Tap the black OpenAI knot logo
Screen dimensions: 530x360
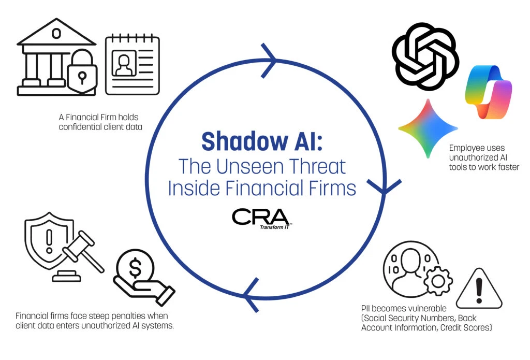click(x=425, y=56)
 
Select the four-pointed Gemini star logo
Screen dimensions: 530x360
click(x=428, y=128)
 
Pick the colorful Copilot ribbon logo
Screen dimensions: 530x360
click(x=489, y=92)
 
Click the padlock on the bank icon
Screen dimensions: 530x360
click(x=81, y=72)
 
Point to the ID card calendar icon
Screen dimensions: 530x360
click(x=132, y=64)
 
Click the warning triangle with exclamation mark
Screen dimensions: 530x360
click(x=479, y=289)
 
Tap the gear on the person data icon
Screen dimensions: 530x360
click(x=438, y=281)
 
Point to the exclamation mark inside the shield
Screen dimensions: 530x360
click(x=50, y=240)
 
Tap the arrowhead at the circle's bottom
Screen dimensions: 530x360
click(x=252, y=295)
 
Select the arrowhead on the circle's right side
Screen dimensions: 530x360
click(x=385, y=186)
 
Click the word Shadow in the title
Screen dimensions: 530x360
click(x=244, y=141)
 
